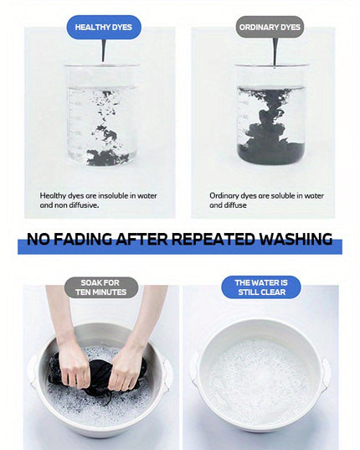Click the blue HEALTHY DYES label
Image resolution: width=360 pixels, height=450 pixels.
(x=104, y=28)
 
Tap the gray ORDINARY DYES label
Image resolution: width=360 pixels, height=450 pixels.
(x=270, y=28)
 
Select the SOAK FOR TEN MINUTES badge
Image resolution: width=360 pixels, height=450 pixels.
(x=101, y=287)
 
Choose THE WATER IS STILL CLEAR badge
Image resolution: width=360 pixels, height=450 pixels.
(x=261, y=287)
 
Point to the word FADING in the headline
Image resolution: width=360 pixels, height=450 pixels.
(x=84, y=239)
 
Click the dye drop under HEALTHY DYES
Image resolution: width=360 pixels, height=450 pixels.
(x=104, y=50)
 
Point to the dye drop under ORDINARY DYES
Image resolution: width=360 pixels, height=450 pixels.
(x=275, y=52)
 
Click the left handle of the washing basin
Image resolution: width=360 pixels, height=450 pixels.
(x=33, y=370)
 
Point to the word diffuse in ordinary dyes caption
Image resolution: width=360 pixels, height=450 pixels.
(x=235, y=205)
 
